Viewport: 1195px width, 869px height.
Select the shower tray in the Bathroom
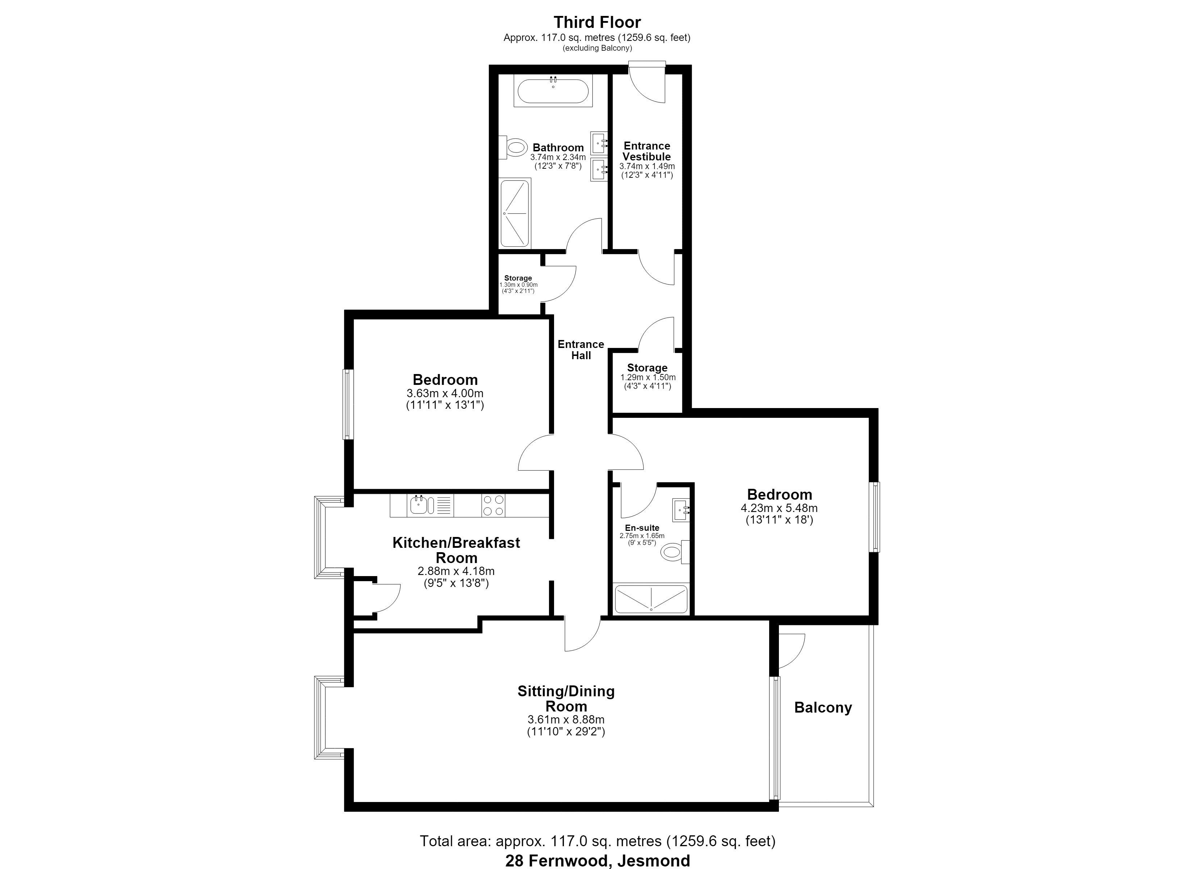pos(515,213)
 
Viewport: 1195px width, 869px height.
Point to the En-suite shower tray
pos(651,599)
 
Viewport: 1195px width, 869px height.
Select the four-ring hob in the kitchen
pos(493,505)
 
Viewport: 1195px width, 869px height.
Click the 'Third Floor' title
pos(597,22)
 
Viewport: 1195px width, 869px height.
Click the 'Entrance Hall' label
pos(580,350)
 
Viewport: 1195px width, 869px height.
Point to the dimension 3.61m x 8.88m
pos(566,719)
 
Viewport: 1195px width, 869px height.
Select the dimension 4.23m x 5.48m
pos(779,508)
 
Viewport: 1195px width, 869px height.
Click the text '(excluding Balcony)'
pos(597,48)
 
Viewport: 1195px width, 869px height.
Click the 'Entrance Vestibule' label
pos(647,151)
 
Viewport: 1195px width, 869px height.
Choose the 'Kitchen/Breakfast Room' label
pos(456,550)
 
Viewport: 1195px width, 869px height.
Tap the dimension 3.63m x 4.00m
pos(445,393)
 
